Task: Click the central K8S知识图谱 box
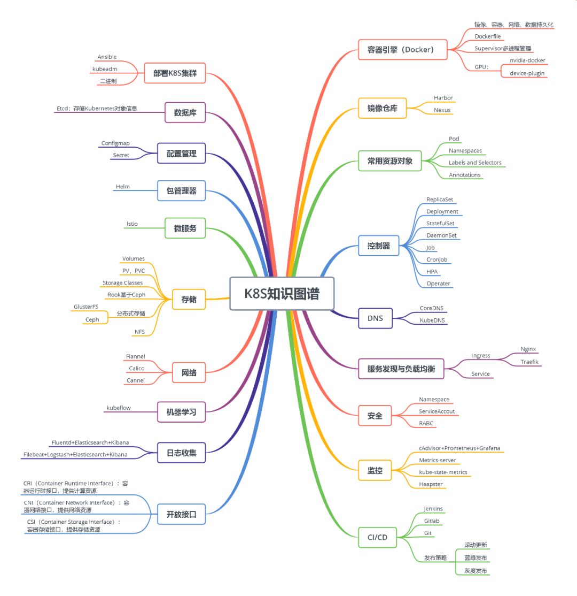pos(282,293)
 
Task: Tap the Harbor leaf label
pos(443,98)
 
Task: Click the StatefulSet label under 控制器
pos(440,223)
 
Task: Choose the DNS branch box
pos(375,318)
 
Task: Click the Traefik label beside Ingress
pos(531,362)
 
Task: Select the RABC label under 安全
pos(426,423)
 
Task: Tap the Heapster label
pos(431,484)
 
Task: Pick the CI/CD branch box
pos(378,537)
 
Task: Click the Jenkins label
pos(433,509)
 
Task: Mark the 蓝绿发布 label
pos(475,557)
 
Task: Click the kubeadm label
pos(105,69)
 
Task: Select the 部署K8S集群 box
pos(175,73)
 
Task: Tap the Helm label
pos(123,187)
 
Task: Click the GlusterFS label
pos(86,307)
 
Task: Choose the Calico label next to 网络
pos(137,368)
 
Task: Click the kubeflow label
pos(119,408)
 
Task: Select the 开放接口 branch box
pos(182,515)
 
